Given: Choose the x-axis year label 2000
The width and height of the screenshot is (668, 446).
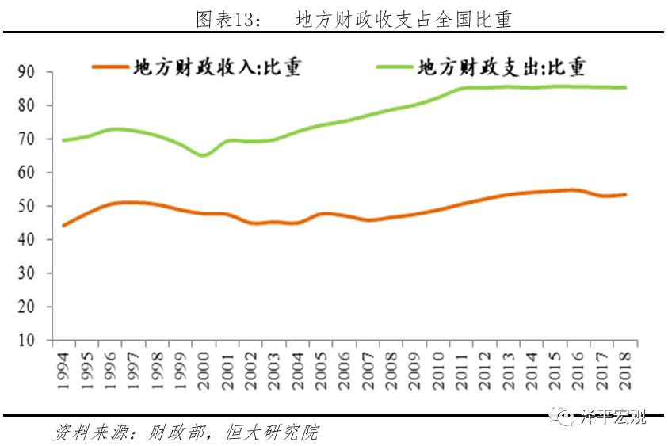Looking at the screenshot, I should (204, 369).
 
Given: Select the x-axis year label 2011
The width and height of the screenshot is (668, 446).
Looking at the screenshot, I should (460, 369).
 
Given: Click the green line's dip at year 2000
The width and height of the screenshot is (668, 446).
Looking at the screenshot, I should (204, 155).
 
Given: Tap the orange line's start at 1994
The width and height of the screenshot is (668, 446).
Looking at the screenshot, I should (63, 226).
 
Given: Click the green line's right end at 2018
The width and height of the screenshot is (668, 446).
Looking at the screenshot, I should (625, 87).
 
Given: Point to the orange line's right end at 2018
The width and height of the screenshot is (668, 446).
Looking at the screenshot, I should (625, 194).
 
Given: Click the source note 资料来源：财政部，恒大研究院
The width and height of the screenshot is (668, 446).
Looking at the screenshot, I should (185, 433).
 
